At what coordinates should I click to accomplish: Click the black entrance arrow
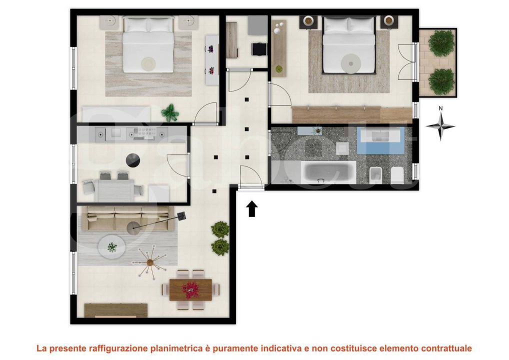pyautogui.click(x=252, y=208)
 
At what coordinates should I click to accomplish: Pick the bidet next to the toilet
pyautogui.click(x=375, y=174)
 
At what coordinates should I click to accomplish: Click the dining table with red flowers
pyautogui.click(x=190, y=289)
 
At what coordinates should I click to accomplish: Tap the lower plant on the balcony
pyautogui.click(x=441, y=80)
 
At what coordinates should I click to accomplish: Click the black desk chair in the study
pyautogui.click(x=259, y=49)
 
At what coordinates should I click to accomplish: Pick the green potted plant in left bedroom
pyautogui.click(x=170, y=112)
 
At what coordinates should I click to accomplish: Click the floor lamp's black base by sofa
pyautogui.click(x=182, y=216)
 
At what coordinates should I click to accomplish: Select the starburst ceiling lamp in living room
pyautogui.click(x=149, y=262)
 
